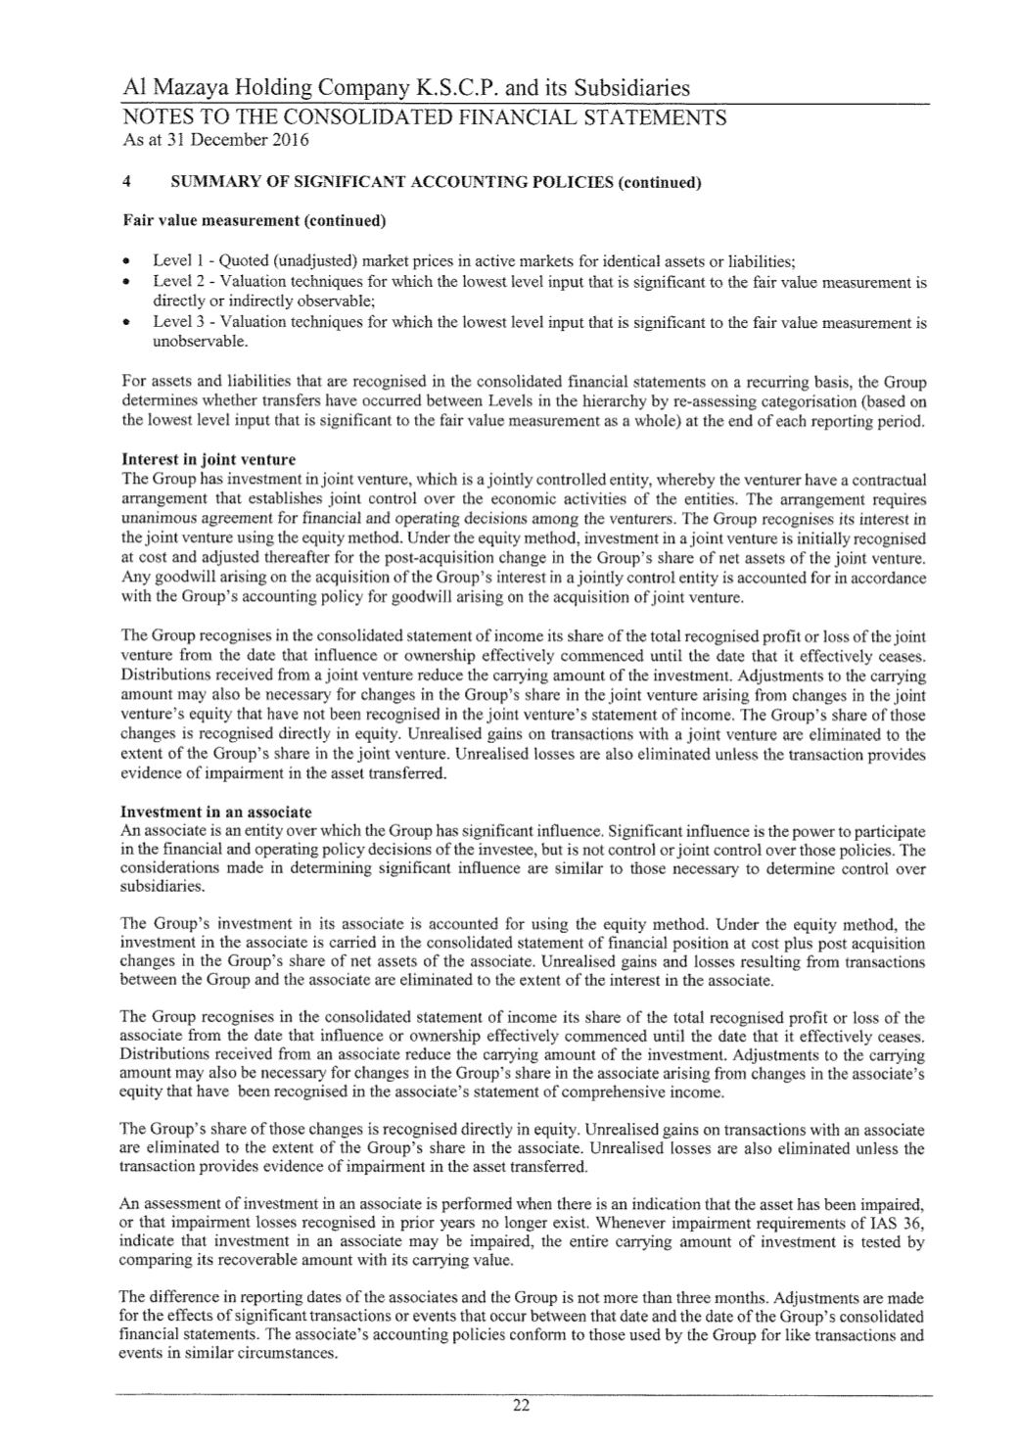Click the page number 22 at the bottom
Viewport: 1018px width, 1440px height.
click(x=521, y=1408)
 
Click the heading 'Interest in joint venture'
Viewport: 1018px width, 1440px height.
click(x=208, y=459)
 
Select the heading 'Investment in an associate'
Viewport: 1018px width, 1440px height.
click(x=215, y=813)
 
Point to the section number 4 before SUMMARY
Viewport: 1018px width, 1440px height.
click(x=125, y=183)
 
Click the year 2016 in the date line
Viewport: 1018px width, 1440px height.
click(x=291, y=140)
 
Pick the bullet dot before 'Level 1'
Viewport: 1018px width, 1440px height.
click(x=128, y=263)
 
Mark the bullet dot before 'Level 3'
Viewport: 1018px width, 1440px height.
click(x=128, y=323)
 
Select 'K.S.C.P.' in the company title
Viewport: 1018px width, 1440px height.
click(x=449, y=89)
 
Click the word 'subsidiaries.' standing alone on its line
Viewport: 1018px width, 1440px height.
click(x=163, y=887)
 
